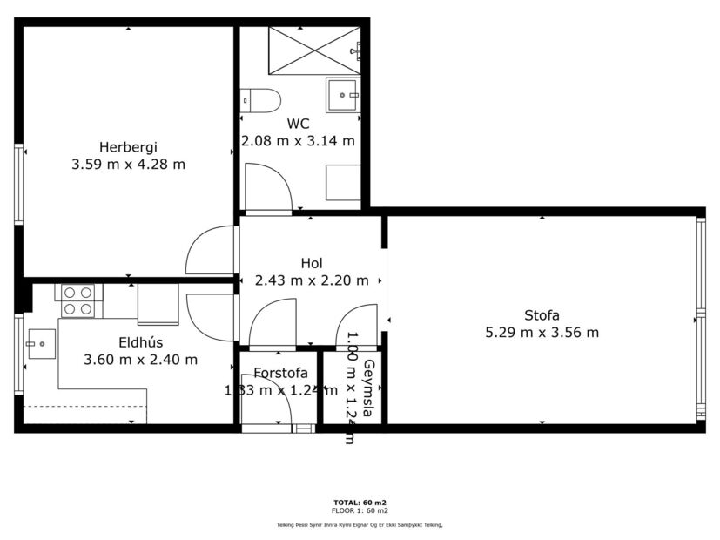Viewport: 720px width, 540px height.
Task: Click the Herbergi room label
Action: [x=128, y=146]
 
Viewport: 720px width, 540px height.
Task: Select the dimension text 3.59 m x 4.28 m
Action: [x=128, y=164]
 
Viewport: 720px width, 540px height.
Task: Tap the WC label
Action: [x=298, y=124]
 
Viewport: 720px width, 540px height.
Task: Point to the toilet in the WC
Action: [x=259, y=100]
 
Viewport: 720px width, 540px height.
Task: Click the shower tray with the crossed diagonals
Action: [x=313, y=51]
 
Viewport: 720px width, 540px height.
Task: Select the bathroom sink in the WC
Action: [x=343, y=95]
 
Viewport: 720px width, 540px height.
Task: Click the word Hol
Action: [x=312, y=263]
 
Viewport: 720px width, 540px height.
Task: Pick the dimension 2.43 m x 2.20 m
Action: [x=312, y=280]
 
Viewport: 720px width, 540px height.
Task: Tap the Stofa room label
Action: [x=542, y=315]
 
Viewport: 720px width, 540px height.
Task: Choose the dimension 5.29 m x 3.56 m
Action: [x=542, y=332]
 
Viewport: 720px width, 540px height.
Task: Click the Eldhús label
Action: [x=140, y=342]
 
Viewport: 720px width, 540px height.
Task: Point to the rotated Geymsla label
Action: [x=369, y=388]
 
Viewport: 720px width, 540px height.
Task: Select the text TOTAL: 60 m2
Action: [x=360, y=503]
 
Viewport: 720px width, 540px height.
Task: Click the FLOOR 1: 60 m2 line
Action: [x=360, y=510]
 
